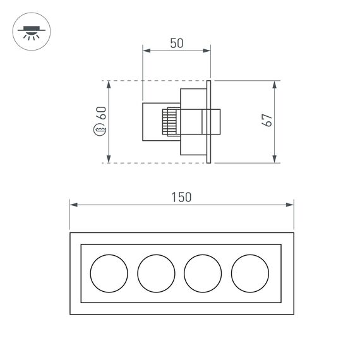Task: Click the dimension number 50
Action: (176, 43)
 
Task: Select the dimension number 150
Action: (181, 197)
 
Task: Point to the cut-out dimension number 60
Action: (100, 115)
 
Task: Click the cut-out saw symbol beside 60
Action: (100, 131)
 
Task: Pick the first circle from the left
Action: (109, 272)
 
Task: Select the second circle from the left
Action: (156, 272)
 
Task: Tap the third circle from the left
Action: (203, 272)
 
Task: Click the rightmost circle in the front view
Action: (249, 272)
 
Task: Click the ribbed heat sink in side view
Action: (169, 121)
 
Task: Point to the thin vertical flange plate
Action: (208, 121)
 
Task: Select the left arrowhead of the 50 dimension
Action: (146, 51)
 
